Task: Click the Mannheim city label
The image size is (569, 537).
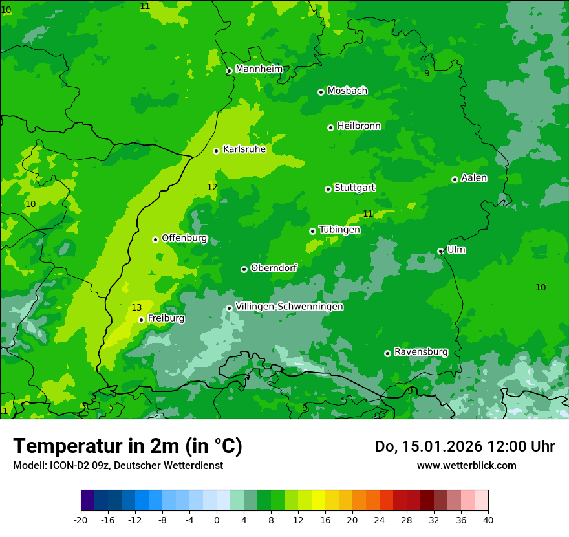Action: (259, 69)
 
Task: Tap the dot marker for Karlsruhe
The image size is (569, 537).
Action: (216, 151)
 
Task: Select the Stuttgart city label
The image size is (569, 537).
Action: (354, 188)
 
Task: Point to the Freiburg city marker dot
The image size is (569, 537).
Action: (141, 320)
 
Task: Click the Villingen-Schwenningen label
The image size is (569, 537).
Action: (289, 307)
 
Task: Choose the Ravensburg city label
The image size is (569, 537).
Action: (421, 351)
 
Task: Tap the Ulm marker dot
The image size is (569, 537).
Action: (440, 251)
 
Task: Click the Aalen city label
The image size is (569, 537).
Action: (474, 177)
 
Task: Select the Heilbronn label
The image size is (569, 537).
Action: (359, 126)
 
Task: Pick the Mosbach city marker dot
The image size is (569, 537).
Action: (321, 92)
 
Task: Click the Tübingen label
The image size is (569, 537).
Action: (339, 229)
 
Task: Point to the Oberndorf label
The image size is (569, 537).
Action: (274, 267)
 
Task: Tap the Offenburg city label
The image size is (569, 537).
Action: (184, 237)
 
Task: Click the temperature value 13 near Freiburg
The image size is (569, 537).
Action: (136, 307)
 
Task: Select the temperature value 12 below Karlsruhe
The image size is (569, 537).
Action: (212, 187)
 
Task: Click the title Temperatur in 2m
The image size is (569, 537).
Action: (127, 446)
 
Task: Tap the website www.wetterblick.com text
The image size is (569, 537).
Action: (466, 465)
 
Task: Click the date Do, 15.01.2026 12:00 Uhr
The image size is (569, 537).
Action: (464, 446)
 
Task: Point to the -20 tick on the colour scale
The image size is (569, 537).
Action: (81, 520)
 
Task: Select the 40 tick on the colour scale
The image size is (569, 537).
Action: (488, 520)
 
